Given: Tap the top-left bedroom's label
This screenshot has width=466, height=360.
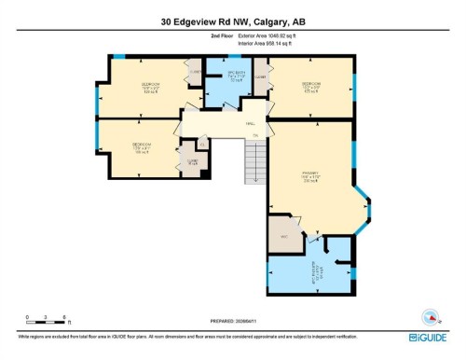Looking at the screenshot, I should tap(151, 85).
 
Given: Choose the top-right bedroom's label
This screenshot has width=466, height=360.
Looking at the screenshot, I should tap(310, 84).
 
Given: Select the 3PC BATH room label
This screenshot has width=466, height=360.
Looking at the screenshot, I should tap(222, 76).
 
